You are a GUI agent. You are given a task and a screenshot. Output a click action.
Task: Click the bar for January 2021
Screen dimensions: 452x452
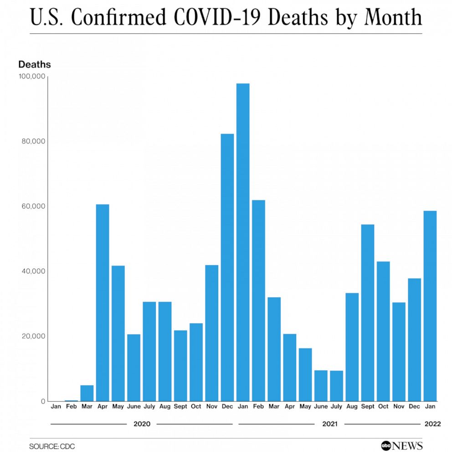pyautogui.click(x=243, y=242)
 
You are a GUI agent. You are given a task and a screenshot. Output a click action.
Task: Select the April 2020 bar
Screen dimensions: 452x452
pyautogui.click(x=103, y=303)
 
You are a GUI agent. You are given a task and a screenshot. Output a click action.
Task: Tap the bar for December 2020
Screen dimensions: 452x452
pyautogui.click(x=227, y=267)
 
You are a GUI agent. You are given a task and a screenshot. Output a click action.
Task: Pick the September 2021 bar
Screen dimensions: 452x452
pyautogui.click(x=368, y=313)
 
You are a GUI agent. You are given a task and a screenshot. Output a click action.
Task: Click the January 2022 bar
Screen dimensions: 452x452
pyautogui.click(x=430, y=306)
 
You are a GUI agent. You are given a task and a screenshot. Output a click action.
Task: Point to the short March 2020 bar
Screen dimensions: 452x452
pyautogui.click(x=87, y=393)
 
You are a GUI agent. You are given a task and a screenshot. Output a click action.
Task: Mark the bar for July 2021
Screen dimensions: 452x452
pyautogui.click(x=336, y=386)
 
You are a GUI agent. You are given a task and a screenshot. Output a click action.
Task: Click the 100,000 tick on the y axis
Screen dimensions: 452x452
pyautogui.click(x=31, y=76)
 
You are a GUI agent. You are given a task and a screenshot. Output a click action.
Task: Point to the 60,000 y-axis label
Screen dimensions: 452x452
pyautogui.click(x=32, y=206)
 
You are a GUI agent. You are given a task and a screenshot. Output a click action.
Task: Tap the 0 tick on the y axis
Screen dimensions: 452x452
pyautogui.click(x=42, y=401)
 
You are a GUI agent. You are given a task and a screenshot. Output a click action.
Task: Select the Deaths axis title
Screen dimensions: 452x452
pyautogui.click(x=35, y=64)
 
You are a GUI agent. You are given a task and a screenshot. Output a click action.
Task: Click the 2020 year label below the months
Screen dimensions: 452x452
pyautogui.click(x=142, y=424)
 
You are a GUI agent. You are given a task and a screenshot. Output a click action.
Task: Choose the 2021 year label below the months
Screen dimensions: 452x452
pyautogui.click(x=329, y=424)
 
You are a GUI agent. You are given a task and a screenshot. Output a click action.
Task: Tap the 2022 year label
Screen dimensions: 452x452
pyautogui.click(x=432, y=424)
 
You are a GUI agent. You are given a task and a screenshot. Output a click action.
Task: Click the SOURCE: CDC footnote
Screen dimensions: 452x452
pyautogui.click(x=52, y=446)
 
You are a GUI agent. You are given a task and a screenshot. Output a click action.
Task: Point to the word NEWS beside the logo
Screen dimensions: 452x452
pyautogui.click(x=408, y=446)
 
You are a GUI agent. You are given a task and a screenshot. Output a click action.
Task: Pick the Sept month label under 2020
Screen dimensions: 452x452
pyautogui.click(x=180, y=406)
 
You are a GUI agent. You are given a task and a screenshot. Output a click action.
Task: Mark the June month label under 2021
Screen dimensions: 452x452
pyautogui.click(x=321, y=406)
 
